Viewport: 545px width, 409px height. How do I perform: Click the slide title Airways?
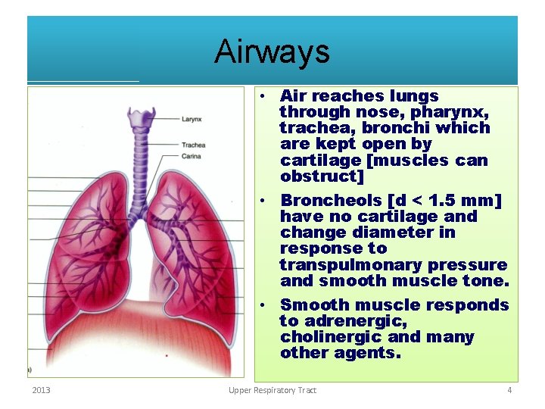(272, 52)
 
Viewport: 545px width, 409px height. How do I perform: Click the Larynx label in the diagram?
(192, 119)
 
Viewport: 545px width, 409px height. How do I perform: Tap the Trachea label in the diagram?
(193, 145)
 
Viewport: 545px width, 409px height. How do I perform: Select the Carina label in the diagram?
(192, 156)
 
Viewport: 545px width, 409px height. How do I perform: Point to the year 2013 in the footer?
(41, 390)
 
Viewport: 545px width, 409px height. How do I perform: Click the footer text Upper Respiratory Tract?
(272, 390)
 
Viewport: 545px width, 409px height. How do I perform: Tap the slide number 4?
(509, 390)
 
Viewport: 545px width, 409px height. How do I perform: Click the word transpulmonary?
(353, 264)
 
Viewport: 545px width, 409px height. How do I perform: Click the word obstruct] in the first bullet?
(322, 176)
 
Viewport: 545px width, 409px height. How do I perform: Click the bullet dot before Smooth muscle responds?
(260, 305)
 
